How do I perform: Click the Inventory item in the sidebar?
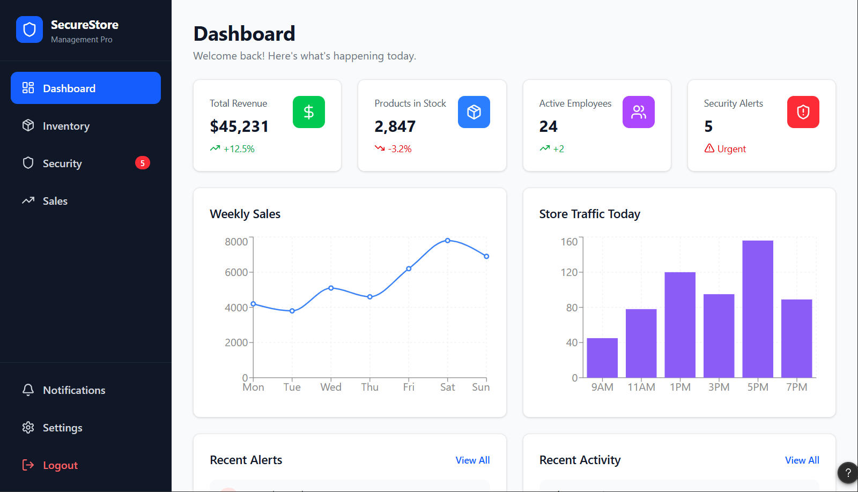click(x=66, y=126)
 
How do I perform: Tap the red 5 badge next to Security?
click(x=143, y=163)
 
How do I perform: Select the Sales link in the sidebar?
click(x=55, y=201)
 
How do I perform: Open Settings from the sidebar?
click(x=62, y=428)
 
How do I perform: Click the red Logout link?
click(x=60, y=465)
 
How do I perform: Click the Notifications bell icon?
click(x=28, y=390)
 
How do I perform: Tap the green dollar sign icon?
click(x=309, y=112)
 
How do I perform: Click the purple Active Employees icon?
click(x=639, y=112)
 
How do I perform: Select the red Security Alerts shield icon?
click(x=803, y=112)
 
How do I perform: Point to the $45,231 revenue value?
click(x=239, y=126)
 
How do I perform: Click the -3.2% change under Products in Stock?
click(x=400, y=149)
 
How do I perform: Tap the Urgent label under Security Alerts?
click(x=731, y=149)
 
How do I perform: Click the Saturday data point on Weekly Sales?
click(x=447, y=241)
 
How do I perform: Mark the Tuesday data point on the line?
click(x=292, y=311)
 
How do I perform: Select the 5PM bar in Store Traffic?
click(x=758, y=309)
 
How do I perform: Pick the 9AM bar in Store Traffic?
click(x=602, y=357)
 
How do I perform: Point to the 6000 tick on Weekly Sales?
click(x=236, y=272)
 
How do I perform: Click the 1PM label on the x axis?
click(x=681, y=387)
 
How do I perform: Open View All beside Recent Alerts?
click(x=472, y=460)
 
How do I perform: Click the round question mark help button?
click(x=848, y=473)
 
